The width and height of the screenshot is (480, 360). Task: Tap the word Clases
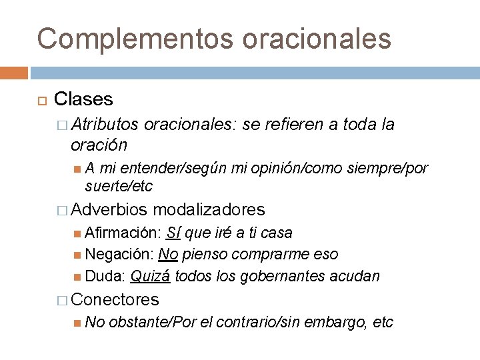tap(83, 100)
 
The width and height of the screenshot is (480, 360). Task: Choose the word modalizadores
tap(209, 210)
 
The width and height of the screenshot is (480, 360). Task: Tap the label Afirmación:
tap(123, 233)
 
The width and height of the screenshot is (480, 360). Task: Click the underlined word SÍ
tap(173, 233)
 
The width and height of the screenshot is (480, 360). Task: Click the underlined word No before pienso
tap(169, 254)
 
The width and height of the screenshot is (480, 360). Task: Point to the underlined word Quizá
tap(150, 275)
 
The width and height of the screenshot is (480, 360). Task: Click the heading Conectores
tap(115, 299)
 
